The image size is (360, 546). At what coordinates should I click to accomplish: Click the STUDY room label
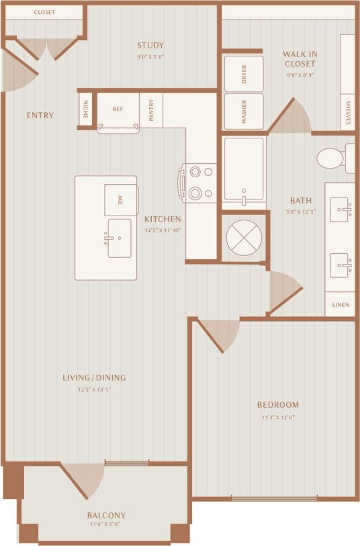pos(150,46)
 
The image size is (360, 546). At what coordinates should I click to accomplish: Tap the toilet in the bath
pos(331,158)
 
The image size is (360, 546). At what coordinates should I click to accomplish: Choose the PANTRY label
pos(151,109)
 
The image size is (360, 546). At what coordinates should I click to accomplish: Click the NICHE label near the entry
pos(85,109)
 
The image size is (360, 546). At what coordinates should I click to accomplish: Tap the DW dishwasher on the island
pos(121,200)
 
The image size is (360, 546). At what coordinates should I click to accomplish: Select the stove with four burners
pos(199,183)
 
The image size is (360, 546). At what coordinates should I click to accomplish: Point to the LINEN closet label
pos(341,304)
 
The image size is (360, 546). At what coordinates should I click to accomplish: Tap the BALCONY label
pos(106,515)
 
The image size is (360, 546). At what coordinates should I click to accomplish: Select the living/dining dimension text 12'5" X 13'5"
pos(95,389)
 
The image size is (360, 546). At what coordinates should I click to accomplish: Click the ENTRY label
pos(40,116)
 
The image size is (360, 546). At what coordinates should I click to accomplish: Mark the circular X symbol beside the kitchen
pos(243,236)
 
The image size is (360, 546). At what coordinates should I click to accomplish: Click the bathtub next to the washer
pos(243,169)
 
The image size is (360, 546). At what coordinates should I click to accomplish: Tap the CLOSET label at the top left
pos(44,13)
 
